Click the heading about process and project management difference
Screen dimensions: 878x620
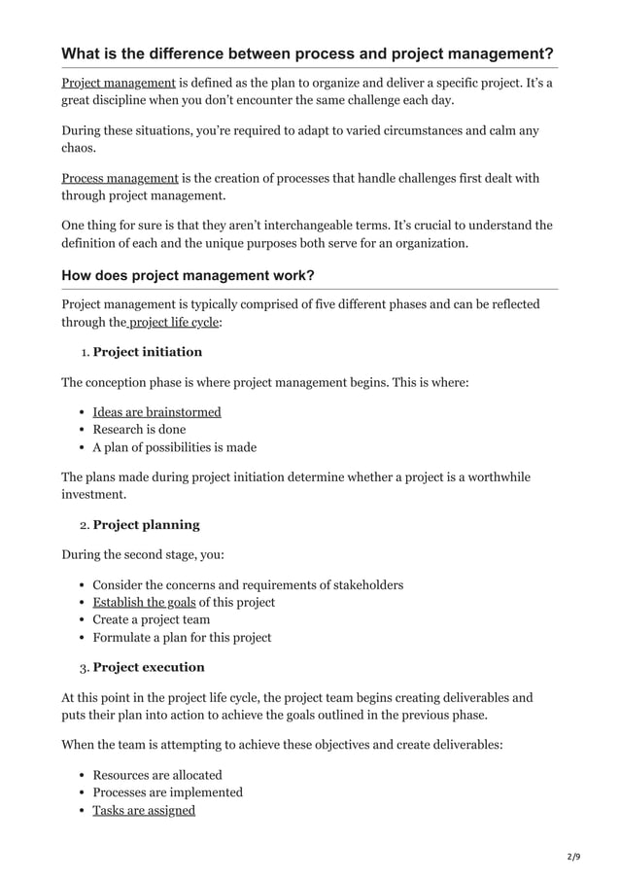coord(307,53)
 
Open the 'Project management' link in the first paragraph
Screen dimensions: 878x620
coord(118,84)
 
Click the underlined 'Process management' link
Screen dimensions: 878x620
coord(120,178)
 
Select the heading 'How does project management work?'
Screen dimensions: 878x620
coord(188,275)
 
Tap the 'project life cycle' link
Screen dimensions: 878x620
coord(174,322)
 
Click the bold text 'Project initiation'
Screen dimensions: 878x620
coord(147,352)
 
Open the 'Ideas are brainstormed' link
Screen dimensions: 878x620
coord(156,411)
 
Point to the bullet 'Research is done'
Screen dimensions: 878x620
coord(139,430)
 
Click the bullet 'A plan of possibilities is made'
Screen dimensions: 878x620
coord(174,447)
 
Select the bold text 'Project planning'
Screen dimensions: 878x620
coord(146,525)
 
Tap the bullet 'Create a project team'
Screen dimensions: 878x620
coord(151,619)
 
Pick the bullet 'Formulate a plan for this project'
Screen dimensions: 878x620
coord(182,638)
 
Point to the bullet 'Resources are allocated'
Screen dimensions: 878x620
coord(156,775)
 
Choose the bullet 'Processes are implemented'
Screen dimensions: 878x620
coord(167,792)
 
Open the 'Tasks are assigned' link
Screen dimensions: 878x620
coord(144,810)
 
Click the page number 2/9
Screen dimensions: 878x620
coord(573,857)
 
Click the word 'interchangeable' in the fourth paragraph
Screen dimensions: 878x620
coord(304,226)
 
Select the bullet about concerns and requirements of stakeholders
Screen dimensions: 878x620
coord(248,584)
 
